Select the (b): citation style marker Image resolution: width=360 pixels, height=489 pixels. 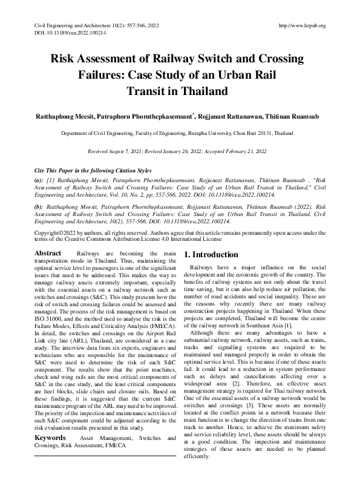tap(39, 207)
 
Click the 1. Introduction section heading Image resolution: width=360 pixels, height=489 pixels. tap(211, 254)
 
